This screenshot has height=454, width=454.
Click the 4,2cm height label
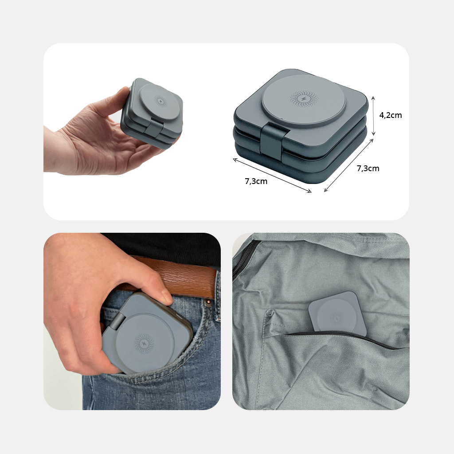point(391,115)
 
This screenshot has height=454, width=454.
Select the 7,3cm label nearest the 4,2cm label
point(368,168)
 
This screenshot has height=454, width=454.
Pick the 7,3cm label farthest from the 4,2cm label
point(256,181)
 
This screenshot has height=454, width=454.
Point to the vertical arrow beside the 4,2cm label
point(373,115)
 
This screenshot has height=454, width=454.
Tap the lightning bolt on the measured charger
point(303,98)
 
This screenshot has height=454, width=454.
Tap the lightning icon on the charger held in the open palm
point(160,100)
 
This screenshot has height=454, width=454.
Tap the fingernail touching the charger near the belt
point(167,297)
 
